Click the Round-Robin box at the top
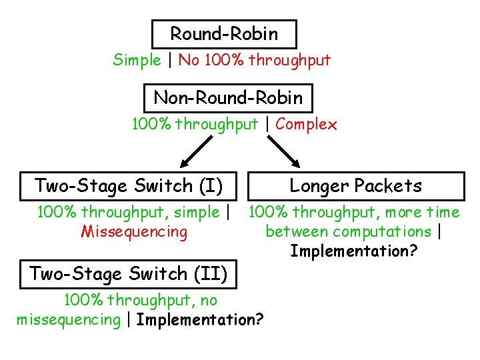pos(224,33)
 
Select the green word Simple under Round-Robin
pos(137,60)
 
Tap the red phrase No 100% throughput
pos(254,60)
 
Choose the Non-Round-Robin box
pos(228,98)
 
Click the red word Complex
pos(306,124)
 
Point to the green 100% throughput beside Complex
pos(195,124)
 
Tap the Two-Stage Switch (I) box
pos(128,185)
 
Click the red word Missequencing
pos(134,232)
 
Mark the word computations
pos(385,232)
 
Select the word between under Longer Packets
pos(295,232)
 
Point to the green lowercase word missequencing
pos(67,320)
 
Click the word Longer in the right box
pos(319,186)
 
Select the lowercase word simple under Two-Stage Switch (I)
pos(197,213)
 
